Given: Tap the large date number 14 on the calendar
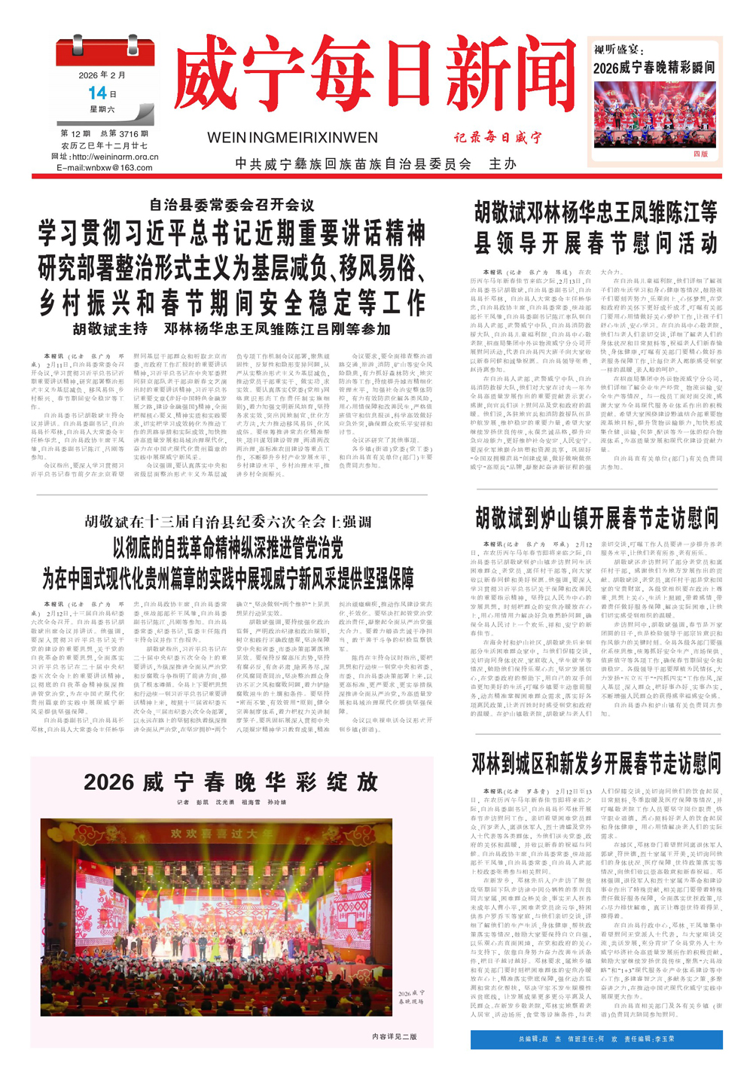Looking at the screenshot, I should [98, 93].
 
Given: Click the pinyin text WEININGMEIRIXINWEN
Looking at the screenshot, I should [292, 138].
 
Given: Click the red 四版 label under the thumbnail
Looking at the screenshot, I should [700, 154].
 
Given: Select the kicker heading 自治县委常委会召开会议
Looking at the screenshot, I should [232, 205].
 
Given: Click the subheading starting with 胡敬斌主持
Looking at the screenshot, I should [232, 329].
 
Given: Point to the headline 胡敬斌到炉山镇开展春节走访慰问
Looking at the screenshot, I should [596, 518].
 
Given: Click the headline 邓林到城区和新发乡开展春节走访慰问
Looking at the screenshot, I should [596, 763].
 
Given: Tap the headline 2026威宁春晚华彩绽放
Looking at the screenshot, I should [231, 782].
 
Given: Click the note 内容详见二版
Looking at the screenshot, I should [394, 1037].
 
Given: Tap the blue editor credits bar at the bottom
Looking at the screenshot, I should [596, 1039].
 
